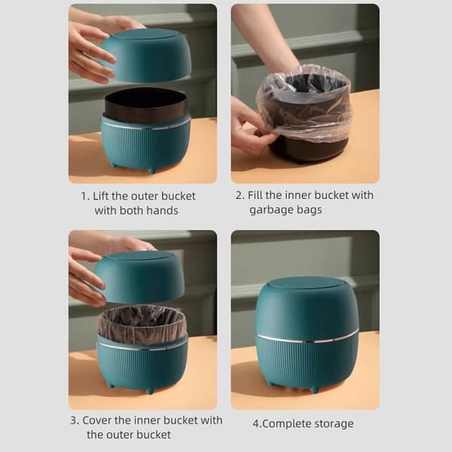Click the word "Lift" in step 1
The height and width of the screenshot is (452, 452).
coord(101,196)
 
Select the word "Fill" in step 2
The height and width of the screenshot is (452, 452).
coord(255,195)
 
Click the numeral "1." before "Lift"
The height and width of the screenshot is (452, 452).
coord(85,197)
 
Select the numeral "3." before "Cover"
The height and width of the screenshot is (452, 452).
coord(75,420)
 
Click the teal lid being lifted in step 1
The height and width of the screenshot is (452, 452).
coord(146,54)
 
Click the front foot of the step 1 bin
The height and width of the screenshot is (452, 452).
coord(151,169)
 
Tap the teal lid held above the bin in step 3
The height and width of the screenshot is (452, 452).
coord(140,276)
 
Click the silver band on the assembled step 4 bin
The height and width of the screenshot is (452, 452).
coord(307,339)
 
